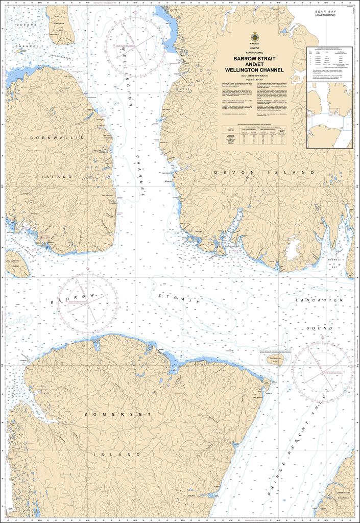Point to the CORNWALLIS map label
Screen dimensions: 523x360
tap(56, 138)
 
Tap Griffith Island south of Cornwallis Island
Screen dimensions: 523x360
tap(17, 264)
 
